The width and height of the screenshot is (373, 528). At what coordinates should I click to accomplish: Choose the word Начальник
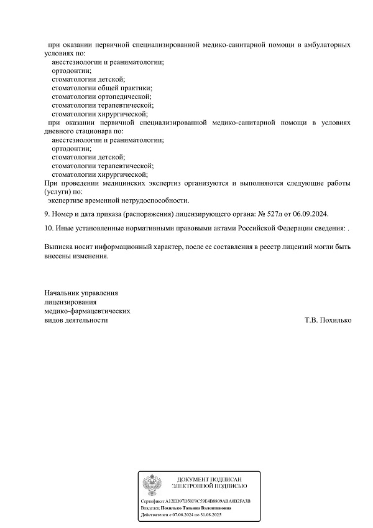pyautogui.click(x=63, y=293)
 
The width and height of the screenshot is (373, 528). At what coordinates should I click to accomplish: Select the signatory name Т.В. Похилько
pyautogui.click(x=328, y=320)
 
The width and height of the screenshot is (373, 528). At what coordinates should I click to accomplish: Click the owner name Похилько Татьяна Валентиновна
pyautogui.click(x=195, y=508)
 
